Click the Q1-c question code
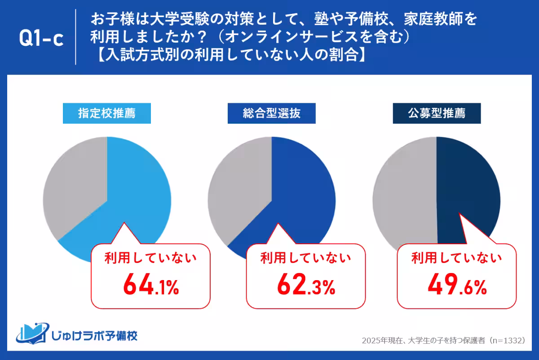[x=40, y=38]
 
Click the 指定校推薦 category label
[x=107, y=114]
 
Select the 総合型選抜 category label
[x=272, y=114]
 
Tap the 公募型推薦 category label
[x=437, y=114]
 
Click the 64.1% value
[x=151, y=285]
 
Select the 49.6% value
[x=457, y=285]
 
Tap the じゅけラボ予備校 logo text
[x=94, y=335]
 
